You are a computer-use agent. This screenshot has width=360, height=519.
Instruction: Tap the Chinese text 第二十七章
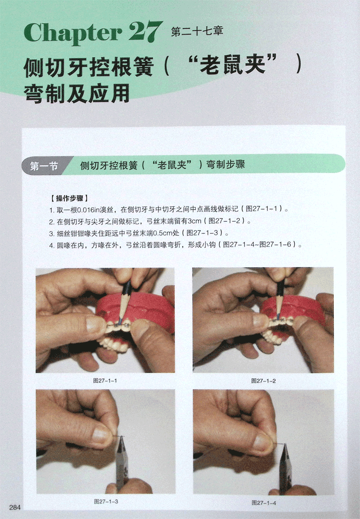click(197, 31)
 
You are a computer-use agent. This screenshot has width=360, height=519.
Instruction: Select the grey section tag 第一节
click(44, 166)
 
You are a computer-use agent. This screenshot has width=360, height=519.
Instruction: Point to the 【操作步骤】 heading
click(69, 198)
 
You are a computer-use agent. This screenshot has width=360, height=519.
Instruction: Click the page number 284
click(15, 507)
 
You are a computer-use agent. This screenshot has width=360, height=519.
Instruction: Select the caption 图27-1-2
click(264, 381)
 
